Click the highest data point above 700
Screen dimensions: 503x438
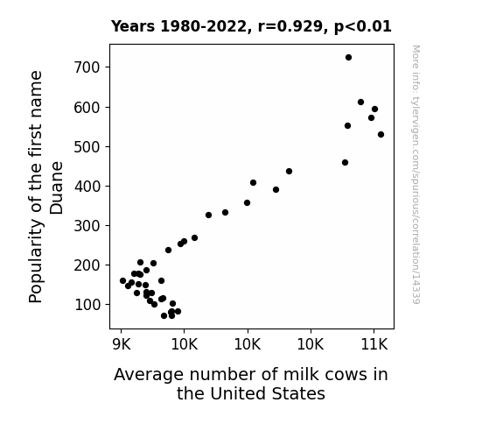click(x=348, y=58)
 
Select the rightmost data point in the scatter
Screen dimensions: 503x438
click(x=381, y=134)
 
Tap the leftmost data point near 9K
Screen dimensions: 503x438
click(x=122, y=280)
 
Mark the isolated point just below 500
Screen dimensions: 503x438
click(x=345, y=163)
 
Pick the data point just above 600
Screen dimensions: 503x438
click(x=360, y=102)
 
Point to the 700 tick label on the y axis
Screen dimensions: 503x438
click(x=87, y=67)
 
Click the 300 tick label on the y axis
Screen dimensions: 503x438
click(x=87, y=226)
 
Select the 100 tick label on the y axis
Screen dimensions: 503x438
click(x=87, y=305)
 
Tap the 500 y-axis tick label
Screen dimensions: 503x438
click(x=87, y=147)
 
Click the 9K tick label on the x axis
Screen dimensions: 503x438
click(x=122, y=345)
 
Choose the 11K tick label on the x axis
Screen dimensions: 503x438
click(x=374, y=345)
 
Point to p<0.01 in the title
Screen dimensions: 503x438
click(x=363, y=26)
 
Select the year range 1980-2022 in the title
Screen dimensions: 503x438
click(x=203, y=26)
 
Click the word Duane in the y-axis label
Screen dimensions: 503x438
click(x=57, y=187)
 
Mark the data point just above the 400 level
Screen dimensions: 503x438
click(x=253, y=182)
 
